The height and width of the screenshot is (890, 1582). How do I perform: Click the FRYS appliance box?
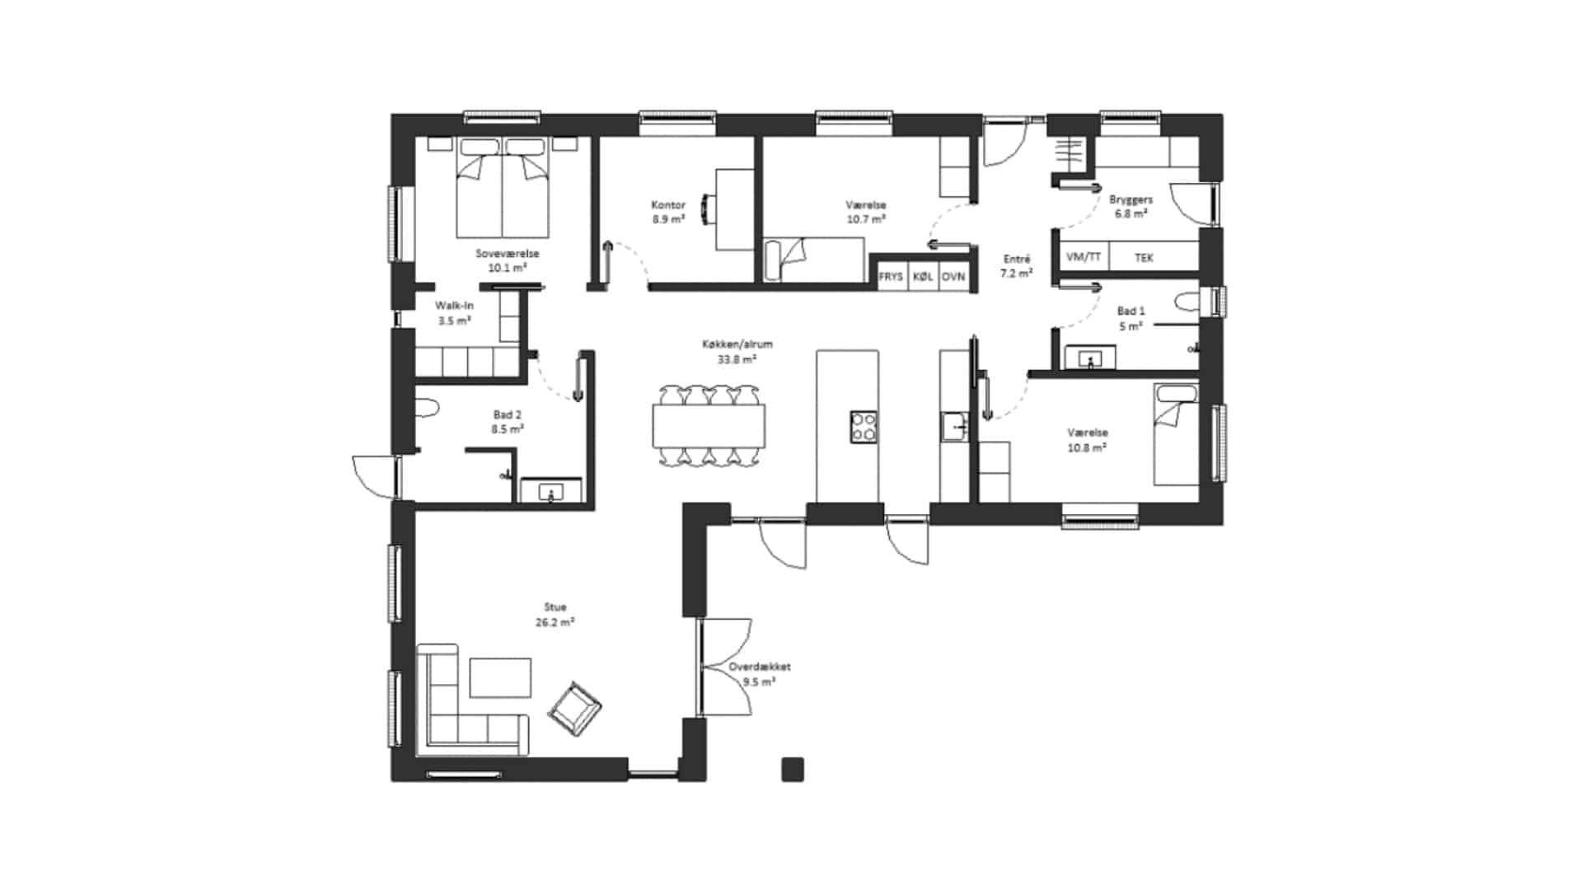pyautogui.click(x=891, y=277)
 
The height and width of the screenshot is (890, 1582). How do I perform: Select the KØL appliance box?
pyautogui.click(x=923, y=277)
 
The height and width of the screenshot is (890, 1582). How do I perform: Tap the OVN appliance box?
pyautogui.click(x=953, y=277)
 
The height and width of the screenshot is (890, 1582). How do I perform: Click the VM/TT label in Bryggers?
pyautogui.click(x=1084, y=257)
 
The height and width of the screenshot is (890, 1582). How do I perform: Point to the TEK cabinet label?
pyautogui.click(x=1144, y=258)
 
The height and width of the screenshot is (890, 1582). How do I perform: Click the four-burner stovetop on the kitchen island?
pyautogui.click(x=864, y=427)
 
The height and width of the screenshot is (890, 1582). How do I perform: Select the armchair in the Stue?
pyautogui.click(x=575, y=709)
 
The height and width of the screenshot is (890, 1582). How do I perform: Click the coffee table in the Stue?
pyautogui.click(x=500, y=677)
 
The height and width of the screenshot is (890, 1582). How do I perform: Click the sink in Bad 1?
pyautogui.click(x=1091, y=358)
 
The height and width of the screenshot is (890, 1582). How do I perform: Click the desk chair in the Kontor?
pyautogui.click(x=707, y=208)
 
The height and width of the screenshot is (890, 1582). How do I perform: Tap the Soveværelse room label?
pyautogui.click(x=508, y=254)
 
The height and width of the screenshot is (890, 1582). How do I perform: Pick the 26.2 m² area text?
pyautogui.click(x=555, y=622)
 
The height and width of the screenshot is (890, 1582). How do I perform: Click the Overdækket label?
pyautogui.click(x=760, y=667)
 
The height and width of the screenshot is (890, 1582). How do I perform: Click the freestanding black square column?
pyautogui.click(x=793, y=769)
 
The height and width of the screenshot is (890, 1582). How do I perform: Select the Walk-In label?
pyautogui.click(x=454, y=306)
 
